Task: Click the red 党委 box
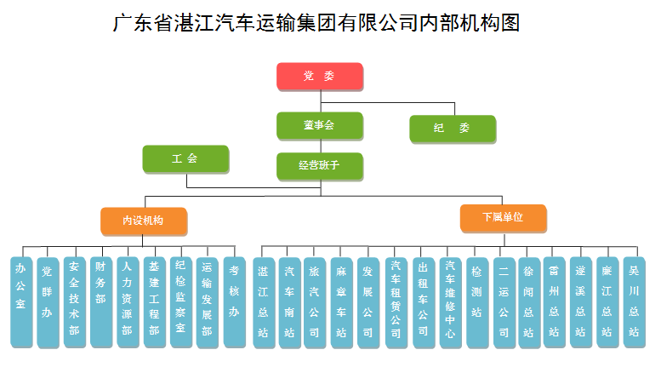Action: click(320, 77)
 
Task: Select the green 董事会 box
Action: click(320, 126)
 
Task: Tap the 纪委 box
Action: click(453, 129)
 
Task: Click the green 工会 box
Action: click(186, 159)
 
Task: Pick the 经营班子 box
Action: click(320, 166)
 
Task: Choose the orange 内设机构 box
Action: click(144, 221)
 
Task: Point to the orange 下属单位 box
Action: click(504, 218)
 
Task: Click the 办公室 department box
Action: click(21, 302)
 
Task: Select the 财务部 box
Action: click(101, 302)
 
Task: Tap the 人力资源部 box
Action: click(128, 302)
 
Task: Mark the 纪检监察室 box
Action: click(181, 302)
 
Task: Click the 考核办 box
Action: click(235, 302)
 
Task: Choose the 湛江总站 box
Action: click(264, 302)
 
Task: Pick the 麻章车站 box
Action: click(341, 302)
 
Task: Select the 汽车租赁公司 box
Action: click(396, 302)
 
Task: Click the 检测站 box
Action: click(477, 302)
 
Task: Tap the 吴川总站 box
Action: click(634, 302)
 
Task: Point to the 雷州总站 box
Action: click(555, 302)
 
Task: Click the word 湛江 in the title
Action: click(193, 23)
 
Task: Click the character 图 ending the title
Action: click(510, 23)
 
